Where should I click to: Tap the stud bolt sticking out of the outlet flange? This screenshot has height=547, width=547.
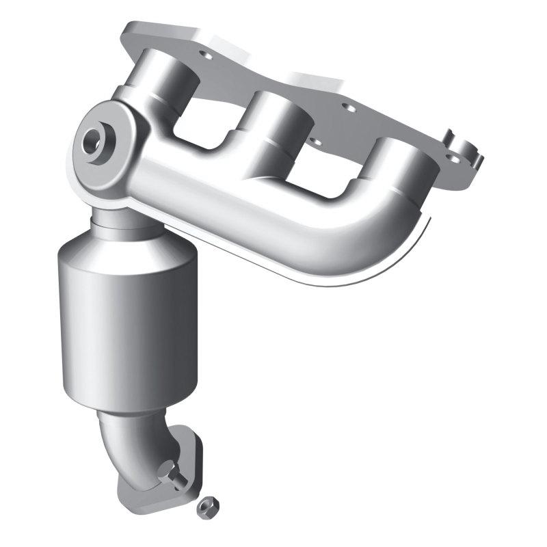click(x=170, y=472)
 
